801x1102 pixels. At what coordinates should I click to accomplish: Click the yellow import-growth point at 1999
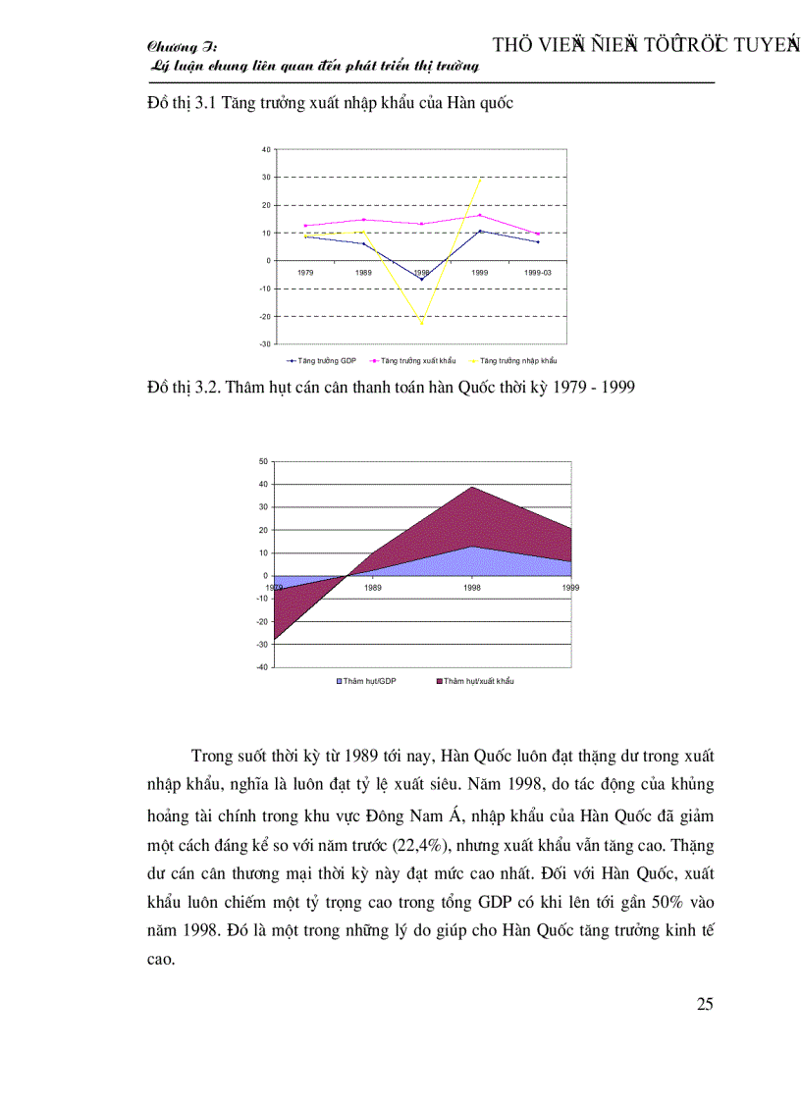480,179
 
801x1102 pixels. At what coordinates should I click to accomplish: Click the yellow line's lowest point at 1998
422,323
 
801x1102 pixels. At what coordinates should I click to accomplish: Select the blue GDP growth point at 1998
422,280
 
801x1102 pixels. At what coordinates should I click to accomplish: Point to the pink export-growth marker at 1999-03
538,234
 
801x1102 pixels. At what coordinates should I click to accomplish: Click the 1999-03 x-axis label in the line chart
538,271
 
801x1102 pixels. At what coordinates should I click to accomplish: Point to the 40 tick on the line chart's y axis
266,149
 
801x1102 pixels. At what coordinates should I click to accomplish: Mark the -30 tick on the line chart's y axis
265,344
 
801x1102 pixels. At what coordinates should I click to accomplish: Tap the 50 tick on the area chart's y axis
263,461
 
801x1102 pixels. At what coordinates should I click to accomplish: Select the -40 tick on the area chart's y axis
261,667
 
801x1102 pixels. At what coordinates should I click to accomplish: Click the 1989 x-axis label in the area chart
373,587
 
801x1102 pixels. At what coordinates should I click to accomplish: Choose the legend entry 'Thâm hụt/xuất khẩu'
478,680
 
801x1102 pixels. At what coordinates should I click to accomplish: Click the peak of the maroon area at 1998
472,487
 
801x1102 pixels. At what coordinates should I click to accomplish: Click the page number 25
705,1003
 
